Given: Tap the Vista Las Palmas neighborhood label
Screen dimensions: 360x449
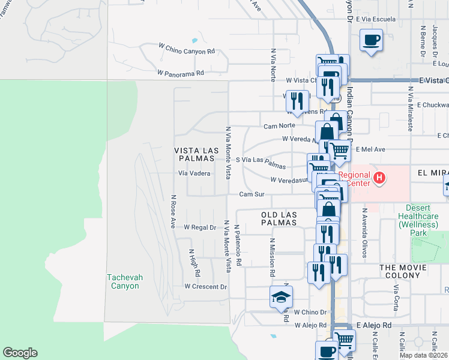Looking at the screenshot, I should [194, 154].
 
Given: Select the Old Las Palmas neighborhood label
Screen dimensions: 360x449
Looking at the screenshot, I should [279, 218].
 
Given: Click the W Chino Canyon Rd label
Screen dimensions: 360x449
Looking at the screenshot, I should [186, 52].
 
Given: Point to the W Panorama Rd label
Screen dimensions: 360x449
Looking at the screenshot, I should [181, 73].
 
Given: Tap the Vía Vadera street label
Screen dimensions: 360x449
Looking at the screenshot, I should [194, 173].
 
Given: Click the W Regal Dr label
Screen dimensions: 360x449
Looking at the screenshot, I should [199, 227].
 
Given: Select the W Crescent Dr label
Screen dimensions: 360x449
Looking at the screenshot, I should [205, 287].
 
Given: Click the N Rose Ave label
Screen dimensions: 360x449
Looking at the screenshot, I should [173, 211].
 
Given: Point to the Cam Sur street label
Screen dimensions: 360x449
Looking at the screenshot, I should [252, 194].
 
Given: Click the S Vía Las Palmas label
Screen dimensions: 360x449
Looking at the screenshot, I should [261, 161].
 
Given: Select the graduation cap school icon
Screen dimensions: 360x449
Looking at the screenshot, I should [281, 297].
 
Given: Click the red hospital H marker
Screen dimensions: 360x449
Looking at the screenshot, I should [379, 178].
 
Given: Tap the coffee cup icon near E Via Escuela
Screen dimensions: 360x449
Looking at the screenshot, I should [371, 40].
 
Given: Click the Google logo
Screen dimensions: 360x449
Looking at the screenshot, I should [20, 353].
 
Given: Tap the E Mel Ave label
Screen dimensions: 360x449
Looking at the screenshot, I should [370, 149].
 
